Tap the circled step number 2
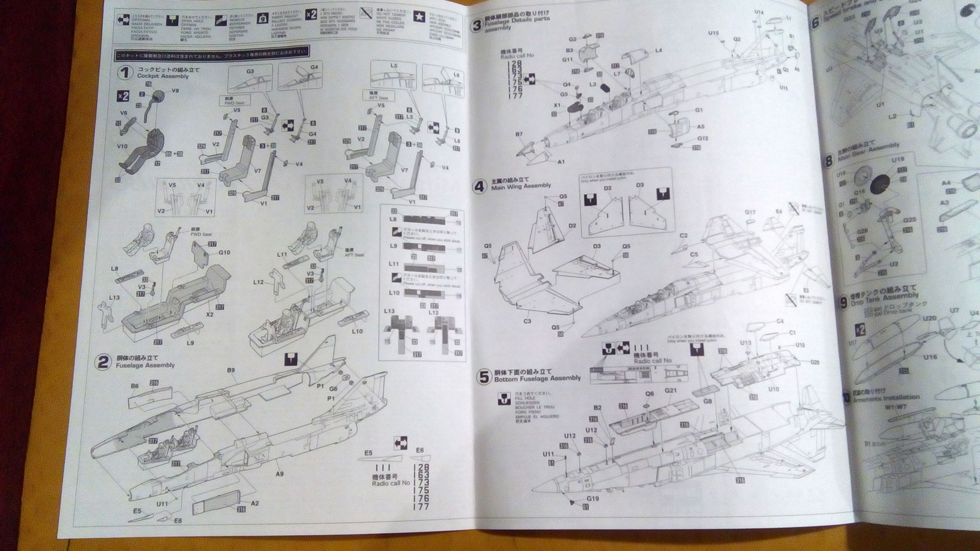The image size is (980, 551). pos(103,362)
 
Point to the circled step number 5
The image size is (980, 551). pos(483,375)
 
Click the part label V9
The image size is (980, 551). pos(175,91)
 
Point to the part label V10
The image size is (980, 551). pos(122,146)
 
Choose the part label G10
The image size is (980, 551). pos(224,252)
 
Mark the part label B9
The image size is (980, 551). pos(231,370)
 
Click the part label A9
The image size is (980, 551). pos(279,474)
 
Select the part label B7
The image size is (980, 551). pos(519,133)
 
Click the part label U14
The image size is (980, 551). pos(759,12)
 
